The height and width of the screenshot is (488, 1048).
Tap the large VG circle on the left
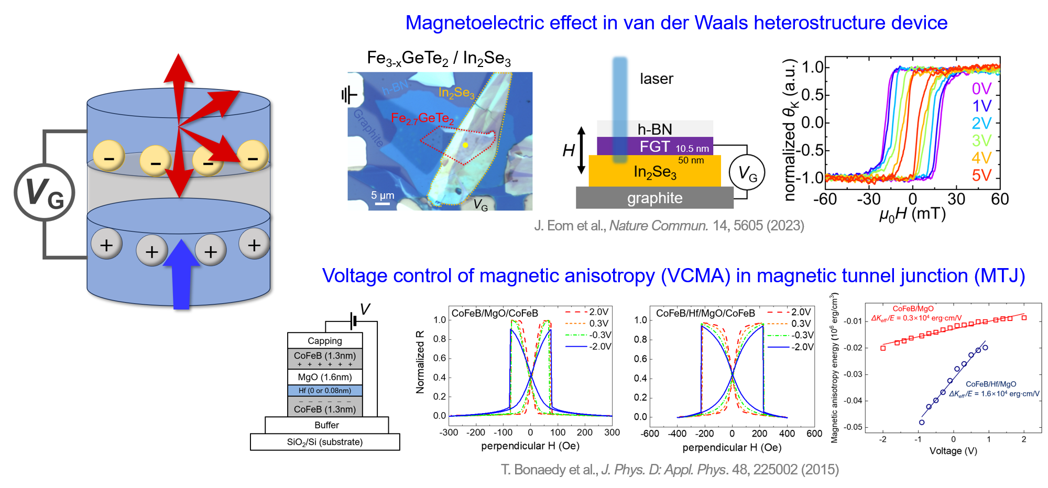45,192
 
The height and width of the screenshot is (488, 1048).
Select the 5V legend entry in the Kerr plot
981,175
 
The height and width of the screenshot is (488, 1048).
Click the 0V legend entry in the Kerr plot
981,88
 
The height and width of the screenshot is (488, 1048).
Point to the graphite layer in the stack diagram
654,198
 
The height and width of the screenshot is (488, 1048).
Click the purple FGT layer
654,147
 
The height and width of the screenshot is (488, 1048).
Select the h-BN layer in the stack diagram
654,129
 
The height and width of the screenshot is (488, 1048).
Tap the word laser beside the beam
656,79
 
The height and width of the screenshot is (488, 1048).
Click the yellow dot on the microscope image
465,145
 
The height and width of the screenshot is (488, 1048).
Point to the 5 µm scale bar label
383,195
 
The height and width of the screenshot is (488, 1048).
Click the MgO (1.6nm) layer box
325,377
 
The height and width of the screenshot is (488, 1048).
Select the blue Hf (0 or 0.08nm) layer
325,391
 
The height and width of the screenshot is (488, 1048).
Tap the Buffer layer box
326,425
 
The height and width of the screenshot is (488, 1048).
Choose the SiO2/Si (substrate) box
325,442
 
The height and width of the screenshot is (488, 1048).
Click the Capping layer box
325,341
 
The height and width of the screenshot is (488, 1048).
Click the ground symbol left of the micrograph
348,95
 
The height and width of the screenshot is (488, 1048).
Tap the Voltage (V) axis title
953,451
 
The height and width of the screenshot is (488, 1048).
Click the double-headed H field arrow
581,150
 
